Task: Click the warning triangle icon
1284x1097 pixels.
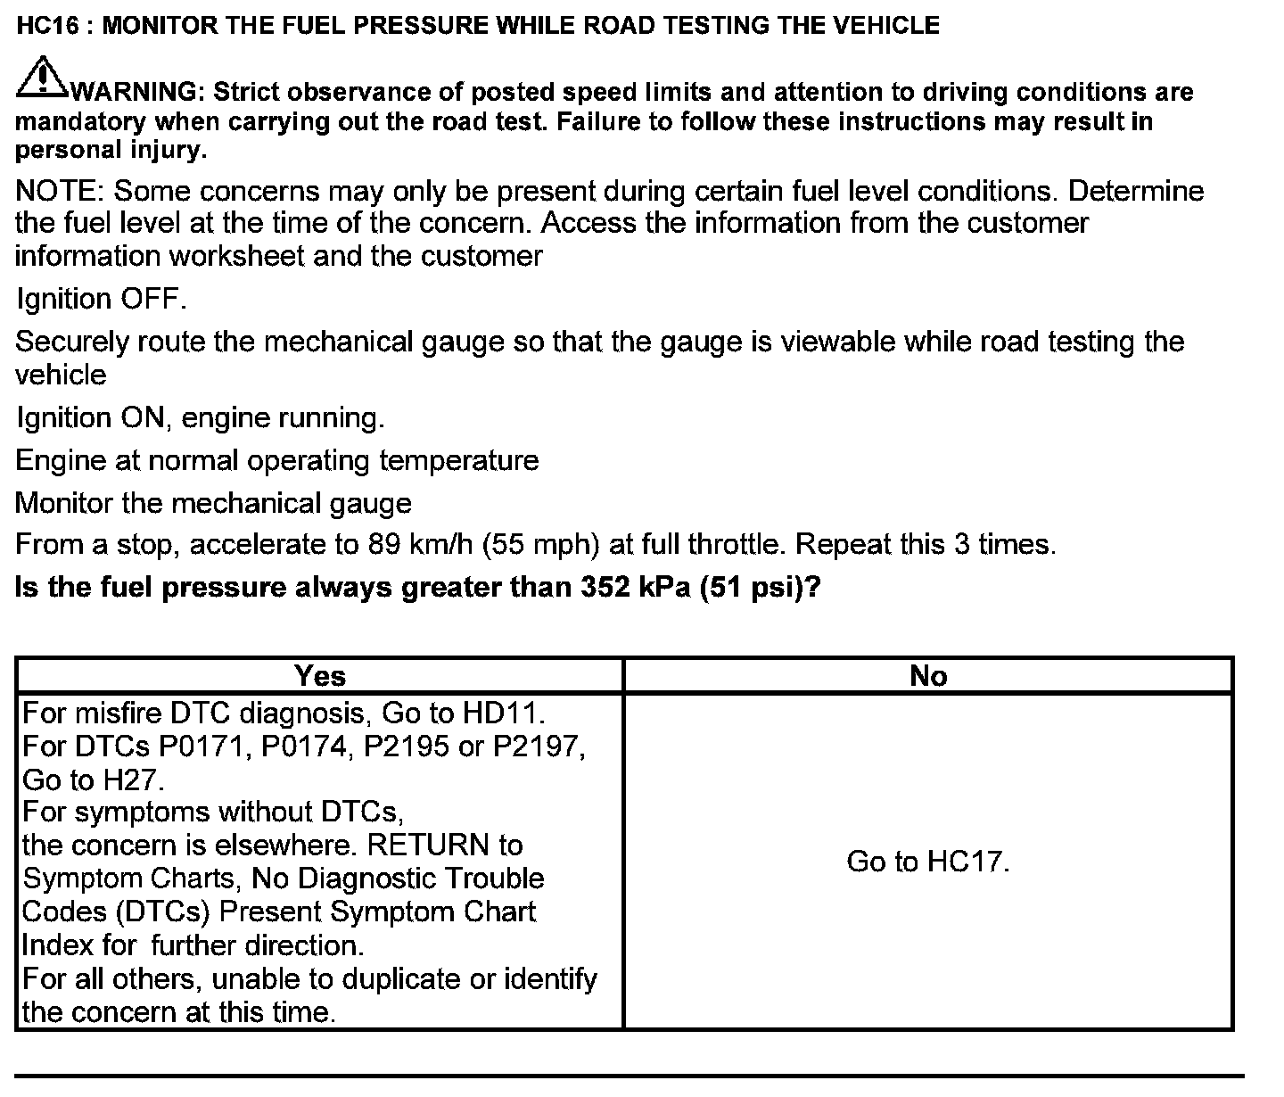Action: coord(40,78)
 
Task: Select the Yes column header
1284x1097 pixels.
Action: coord(319,676)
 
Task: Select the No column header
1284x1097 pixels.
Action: coord(927,676)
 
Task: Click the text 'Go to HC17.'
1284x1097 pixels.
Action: coord(927,862)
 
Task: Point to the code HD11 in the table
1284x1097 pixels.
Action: coord(502,713)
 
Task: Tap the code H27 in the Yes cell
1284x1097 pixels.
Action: coord(132,780)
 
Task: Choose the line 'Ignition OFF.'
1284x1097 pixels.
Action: coord(101,299)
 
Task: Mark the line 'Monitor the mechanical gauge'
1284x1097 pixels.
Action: coord(213,503)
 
